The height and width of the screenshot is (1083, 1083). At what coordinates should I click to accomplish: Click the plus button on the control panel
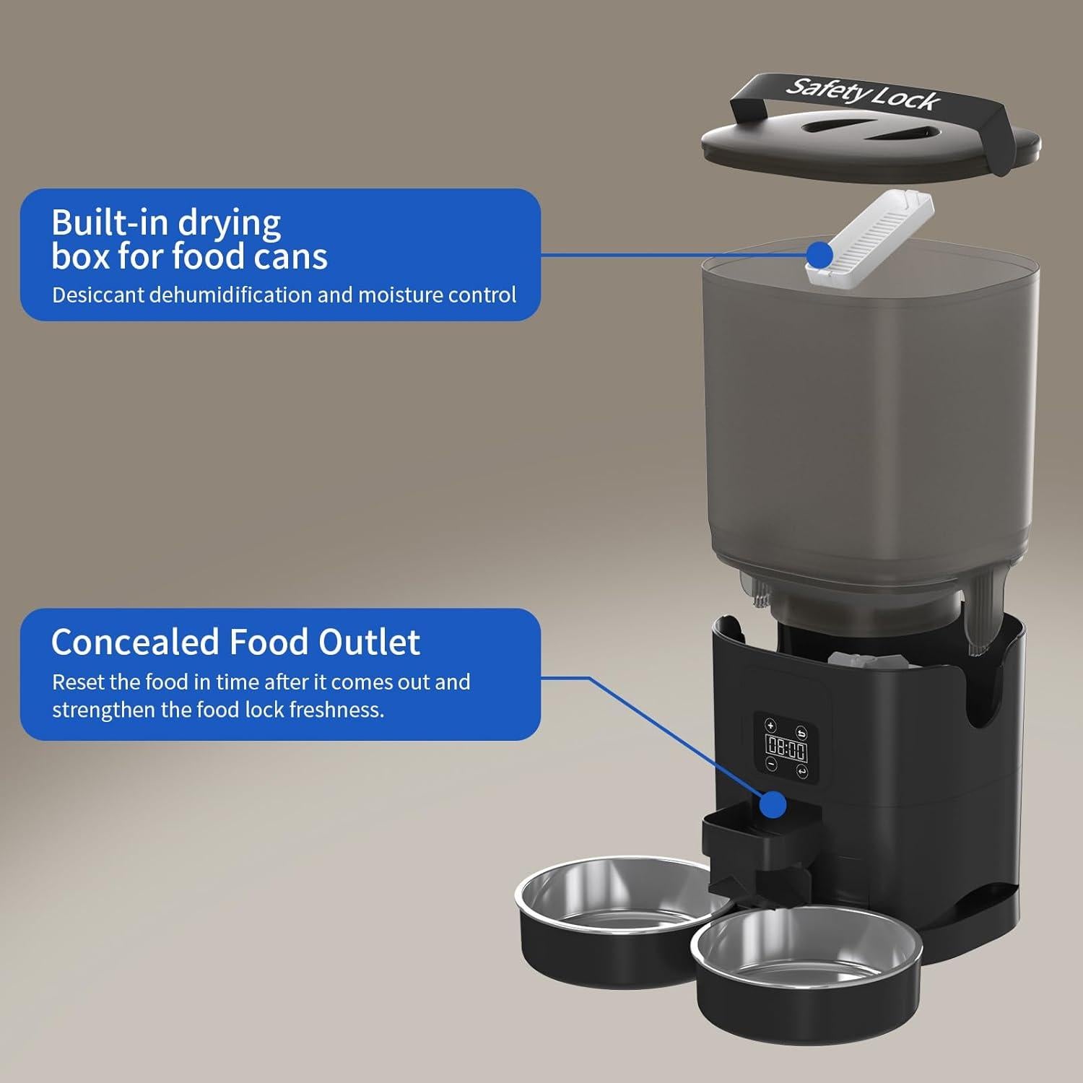pyautogui.click(x=770, y=725)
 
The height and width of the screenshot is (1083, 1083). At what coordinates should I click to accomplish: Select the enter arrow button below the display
pyautogui.click(x=802, y=771)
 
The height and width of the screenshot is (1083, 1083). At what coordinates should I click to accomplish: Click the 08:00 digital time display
pyautogui.click(x=786, y=749)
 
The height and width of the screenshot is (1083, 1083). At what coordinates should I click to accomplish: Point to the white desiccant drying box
pyautogui.click(x=870, y=235)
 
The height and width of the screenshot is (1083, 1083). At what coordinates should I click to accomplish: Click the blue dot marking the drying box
pyautogui.click(x=819, y=254)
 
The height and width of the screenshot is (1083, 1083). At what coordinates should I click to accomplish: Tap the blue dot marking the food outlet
pyautogui.click(x=773, y=804)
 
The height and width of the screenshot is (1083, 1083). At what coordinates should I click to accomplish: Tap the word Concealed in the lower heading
pyautogui.click(x=134, y=642)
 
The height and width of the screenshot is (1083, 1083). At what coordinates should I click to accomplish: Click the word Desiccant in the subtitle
pyautogui.click(x=98, y=295)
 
